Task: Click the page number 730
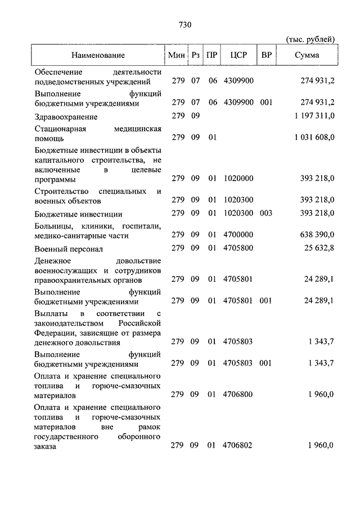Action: tap(185, 25)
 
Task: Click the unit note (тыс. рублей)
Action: tap(311, 39)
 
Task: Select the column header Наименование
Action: tap(98, 55)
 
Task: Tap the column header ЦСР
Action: tap(238, 55)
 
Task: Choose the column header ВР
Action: tap(267, 55)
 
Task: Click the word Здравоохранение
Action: tap(66, 116)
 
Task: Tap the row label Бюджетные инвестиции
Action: tap(78, 214)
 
